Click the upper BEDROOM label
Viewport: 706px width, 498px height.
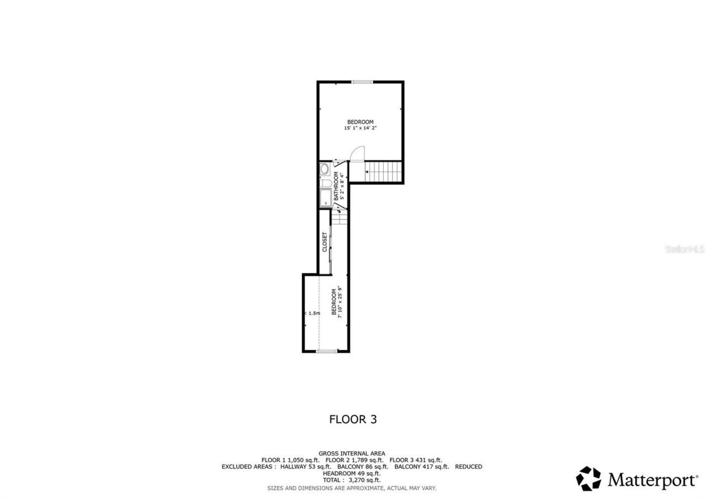(360, 122)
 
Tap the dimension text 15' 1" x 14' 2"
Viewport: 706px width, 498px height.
(360, 128)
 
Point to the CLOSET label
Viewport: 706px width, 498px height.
(324, 242)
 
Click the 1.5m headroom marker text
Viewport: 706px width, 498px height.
(313, 313)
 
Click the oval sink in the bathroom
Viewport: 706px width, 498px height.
(325, 169)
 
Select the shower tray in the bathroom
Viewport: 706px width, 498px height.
(325, 198)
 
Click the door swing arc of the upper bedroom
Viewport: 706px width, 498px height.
(358, 153)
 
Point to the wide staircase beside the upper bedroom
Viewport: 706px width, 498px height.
(384, 171)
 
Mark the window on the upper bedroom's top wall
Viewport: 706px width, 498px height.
(362, 82)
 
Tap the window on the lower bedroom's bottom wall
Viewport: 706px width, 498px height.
(327, 351)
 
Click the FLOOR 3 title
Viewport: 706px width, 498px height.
(353, 419)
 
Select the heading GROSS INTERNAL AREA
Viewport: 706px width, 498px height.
(352, 453)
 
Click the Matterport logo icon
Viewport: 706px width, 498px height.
(589, 478)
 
